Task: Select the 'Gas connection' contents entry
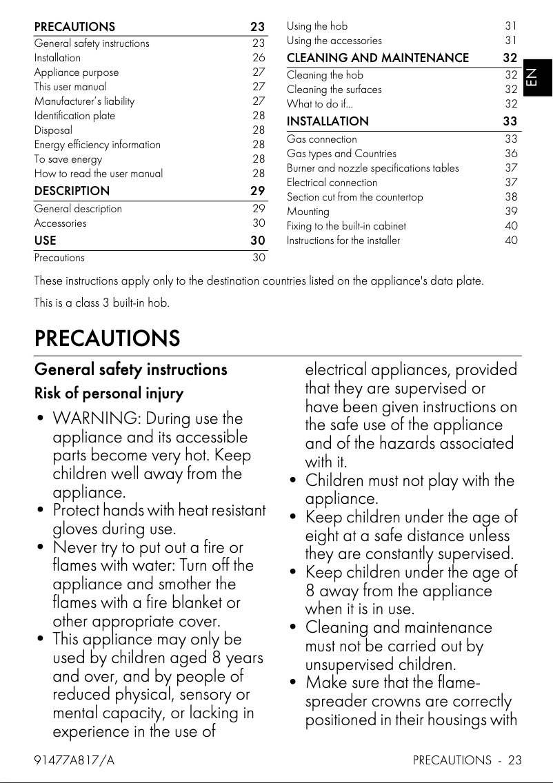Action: coord(322,139)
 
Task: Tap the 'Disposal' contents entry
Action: coord(53,130)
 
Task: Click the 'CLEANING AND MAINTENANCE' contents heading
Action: coord(377,58)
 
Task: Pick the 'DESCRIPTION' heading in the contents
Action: coord(72,191)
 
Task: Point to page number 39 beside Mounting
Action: coord(511,212)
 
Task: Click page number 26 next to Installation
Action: coord(259,58)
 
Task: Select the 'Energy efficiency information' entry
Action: coord(97,145)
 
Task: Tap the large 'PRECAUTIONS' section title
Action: coord(107,338)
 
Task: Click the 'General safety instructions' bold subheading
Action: coord(130,369)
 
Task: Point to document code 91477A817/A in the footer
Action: coord(74,760)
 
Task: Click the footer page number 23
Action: coord(514,760)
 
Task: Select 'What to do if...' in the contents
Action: coord(319,104)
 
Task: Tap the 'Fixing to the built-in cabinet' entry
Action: coord(346,226)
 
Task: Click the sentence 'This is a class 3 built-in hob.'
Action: coord(101,303)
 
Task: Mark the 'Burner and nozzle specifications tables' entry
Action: coord(372,168)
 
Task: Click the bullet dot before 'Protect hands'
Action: coord(41,511)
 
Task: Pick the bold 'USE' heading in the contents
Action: coord(46,241)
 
